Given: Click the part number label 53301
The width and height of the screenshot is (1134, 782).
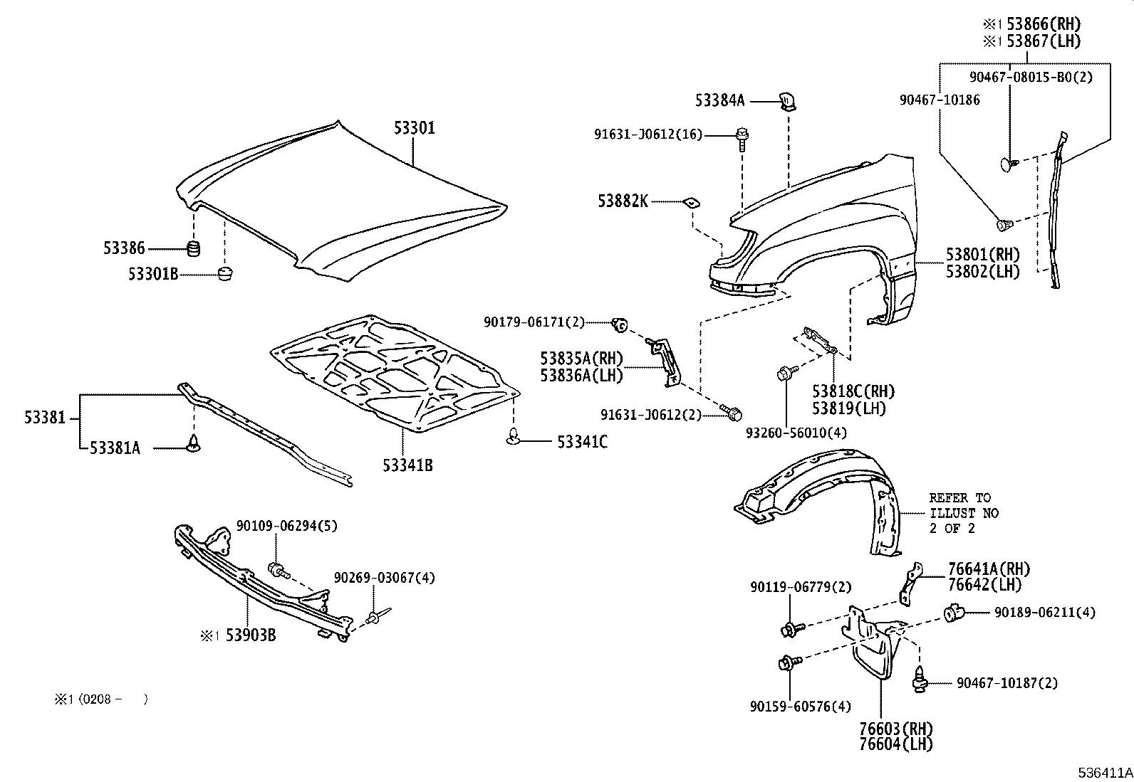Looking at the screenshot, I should click(414, 128).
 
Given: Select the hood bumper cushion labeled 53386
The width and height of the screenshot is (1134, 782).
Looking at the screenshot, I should click(192, 248).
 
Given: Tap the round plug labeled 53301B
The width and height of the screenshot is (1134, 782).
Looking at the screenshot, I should click(225, 273).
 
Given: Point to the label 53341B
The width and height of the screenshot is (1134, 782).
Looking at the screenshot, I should click(407, 465).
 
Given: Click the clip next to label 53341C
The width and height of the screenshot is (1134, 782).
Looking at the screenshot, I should click(514, 440).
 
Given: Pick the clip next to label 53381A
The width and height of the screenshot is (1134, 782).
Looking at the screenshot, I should click(193, 445).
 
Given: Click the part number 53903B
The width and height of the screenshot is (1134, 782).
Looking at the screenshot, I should click(250, 635).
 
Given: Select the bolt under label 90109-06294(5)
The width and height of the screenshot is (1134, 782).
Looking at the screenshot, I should click(277, 569).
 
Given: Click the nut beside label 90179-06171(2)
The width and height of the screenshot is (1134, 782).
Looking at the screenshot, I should click(619, 326).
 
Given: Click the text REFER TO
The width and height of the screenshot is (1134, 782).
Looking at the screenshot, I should click(959, 497).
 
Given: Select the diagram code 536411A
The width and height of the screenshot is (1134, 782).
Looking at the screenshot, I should click(1104, 772).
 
